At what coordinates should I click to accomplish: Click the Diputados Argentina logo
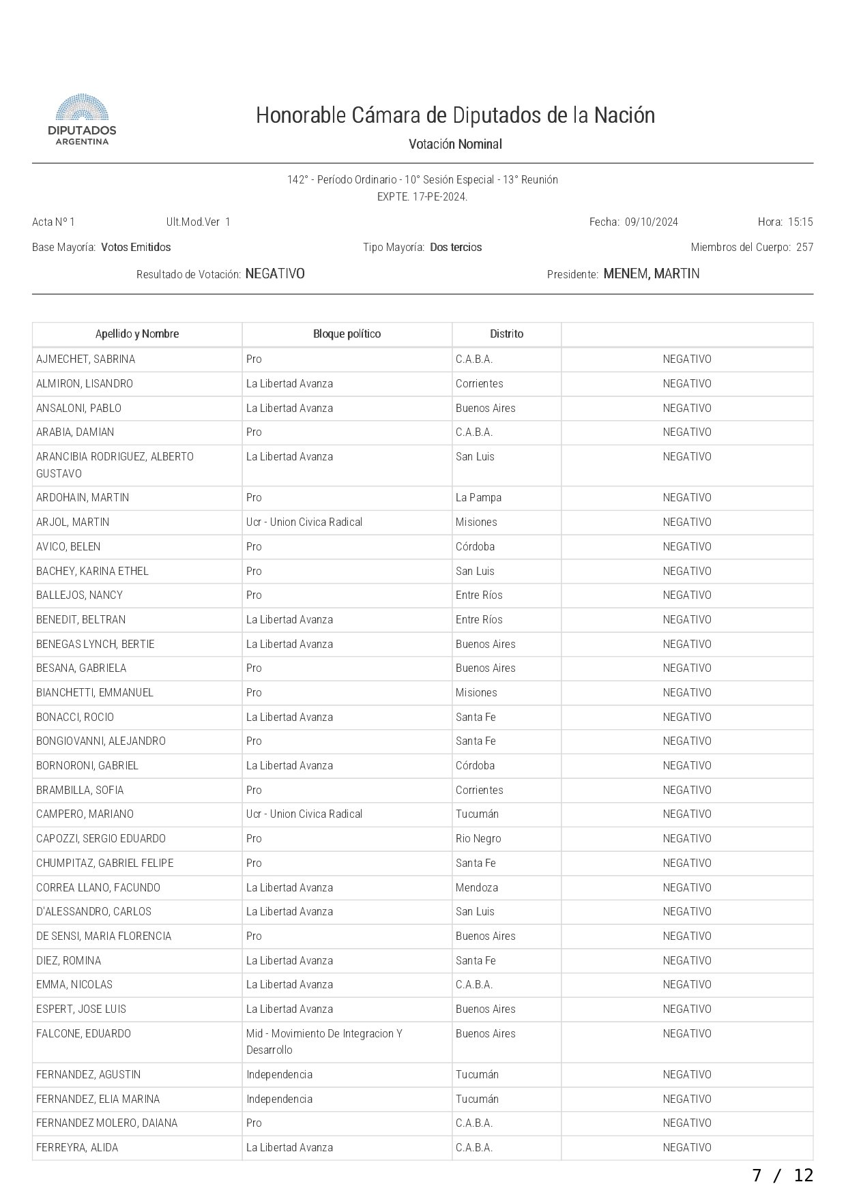point(81,119)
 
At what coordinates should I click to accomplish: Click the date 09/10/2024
point(651,222)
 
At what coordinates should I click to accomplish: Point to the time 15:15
point(800,222)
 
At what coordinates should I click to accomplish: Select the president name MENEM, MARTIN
point(651,274)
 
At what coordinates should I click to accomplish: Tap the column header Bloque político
point(347,334)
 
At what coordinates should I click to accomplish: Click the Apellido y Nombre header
point(137,334)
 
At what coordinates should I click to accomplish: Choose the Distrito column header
point(506,334)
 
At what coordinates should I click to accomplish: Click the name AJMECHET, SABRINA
point(86,359)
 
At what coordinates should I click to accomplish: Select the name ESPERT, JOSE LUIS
point(81,1009)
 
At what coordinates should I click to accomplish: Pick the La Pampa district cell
point(478,498)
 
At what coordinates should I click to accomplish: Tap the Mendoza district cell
point(477,888)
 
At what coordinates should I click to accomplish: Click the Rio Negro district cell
point(478,839)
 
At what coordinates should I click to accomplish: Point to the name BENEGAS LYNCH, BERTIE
point(96,645)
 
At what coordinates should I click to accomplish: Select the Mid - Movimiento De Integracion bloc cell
point(324,1041)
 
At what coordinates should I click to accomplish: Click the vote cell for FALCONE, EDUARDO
point(686,1034)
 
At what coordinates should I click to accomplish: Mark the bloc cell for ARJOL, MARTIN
point(304,522)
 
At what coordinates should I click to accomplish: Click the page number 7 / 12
point(783,1175)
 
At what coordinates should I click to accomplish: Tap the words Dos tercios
point(456,248)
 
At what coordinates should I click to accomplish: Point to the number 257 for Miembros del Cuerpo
point(804,248)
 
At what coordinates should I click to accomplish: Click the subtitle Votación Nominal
point(455,145)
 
